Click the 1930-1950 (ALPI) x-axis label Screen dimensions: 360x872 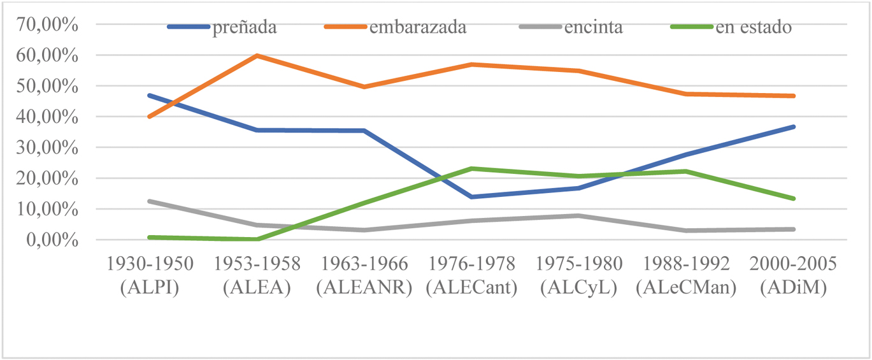coord(150,275)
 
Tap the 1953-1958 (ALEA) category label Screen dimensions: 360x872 coord(257,275)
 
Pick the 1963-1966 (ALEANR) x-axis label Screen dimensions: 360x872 coord(364,275)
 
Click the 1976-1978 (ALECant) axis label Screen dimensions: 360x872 coord(471,275)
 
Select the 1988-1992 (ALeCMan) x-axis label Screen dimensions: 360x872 coord(686,275)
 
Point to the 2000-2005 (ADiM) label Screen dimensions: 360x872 coord(793,275)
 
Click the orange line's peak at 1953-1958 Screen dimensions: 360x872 coord(257,55)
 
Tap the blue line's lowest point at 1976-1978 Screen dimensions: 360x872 coord(471,197)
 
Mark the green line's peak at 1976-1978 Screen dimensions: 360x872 coord(471,169)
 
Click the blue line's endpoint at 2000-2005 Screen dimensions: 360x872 coord(793,127)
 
